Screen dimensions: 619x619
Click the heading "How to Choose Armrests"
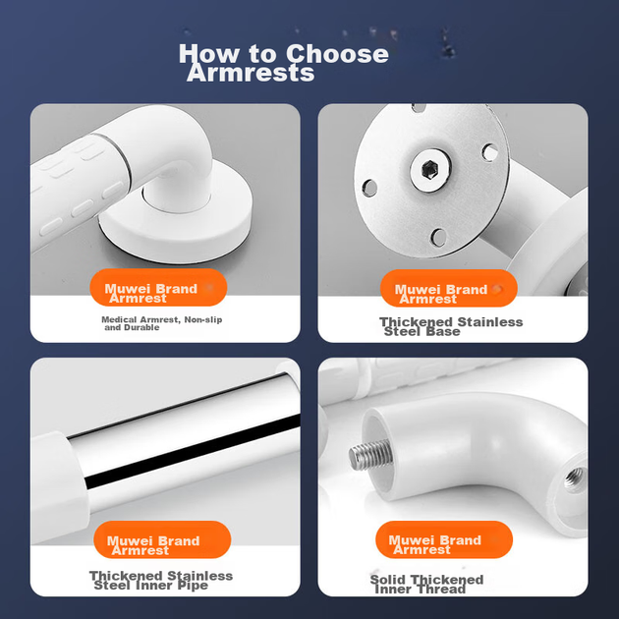[x=283, y=62]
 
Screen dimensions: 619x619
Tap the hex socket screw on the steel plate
[x=430, y=170]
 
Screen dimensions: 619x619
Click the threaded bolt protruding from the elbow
[x=370, y=454]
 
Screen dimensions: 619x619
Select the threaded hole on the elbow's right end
[x=574, y=478]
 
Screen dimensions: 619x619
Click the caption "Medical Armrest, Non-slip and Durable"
[x=162, y=323]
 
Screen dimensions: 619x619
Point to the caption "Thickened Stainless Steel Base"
[x=451, y=326]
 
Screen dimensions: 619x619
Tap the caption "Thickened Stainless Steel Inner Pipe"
[x=161, y=581]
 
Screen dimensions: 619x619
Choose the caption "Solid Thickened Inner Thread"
[x=426, y=585]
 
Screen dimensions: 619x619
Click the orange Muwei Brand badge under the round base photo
[x=158, y=287]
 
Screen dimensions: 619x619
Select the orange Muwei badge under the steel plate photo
[x=449, y=288]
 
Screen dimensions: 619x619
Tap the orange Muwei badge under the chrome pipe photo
[x=162, y=539]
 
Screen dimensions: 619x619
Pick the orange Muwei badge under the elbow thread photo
[x=444, y=539]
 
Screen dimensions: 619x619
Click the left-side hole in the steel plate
[x=369, y=188]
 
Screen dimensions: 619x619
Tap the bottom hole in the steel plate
[x=438, y=237]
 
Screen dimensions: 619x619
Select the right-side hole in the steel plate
[x=490, y=152]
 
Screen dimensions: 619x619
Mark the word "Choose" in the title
[x=337, y=54]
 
